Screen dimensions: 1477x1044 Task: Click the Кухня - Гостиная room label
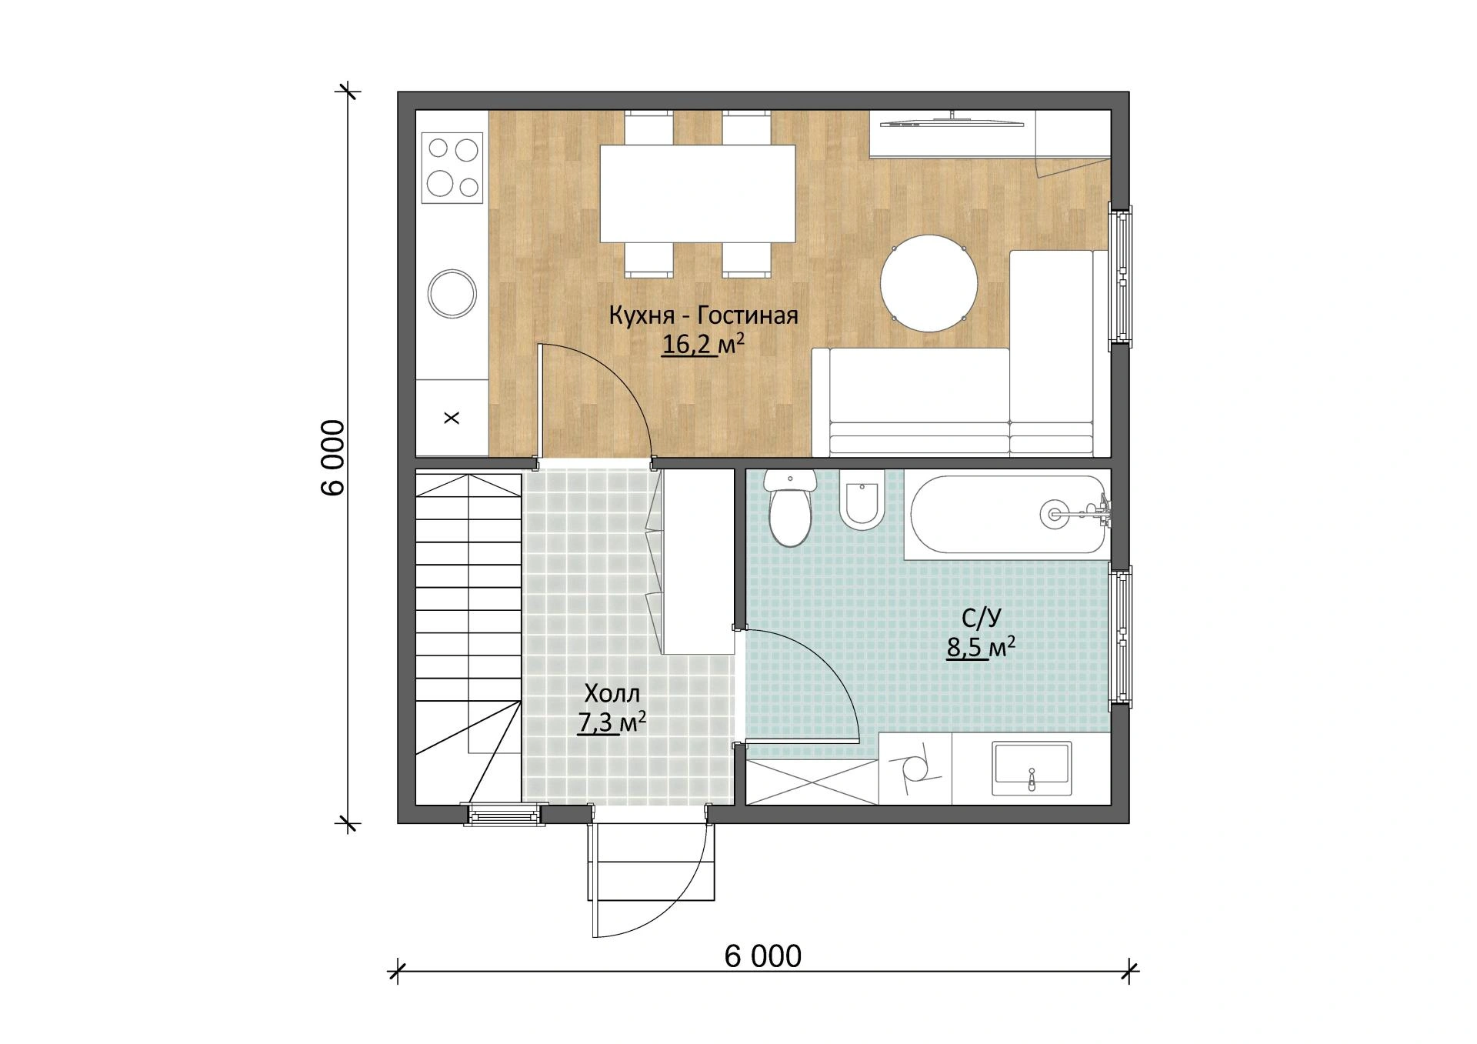click(x=703, y=315)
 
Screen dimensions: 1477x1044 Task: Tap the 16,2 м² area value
click(x=703, y=345)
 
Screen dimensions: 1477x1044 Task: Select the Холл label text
click(x=612, y=694)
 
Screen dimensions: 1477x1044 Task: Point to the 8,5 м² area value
click(x=981, y=648)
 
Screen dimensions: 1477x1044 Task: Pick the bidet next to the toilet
click(x=862, y=500)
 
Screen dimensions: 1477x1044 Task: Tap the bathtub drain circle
click(x=1053, y=513)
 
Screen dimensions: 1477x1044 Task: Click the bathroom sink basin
click(x=1032, y=768)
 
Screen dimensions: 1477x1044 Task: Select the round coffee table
click(x=929, y=282)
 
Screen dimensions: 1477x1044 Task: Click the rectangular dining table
click(x=698, y=193)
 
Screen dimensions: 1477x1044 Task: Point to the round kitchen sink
click(x=452, y=293)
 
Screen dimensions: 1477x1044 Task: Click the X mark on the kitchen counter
click(x=452, y=419)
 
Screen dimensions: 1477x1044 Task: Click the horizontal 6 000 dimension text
click(x=763, y=956)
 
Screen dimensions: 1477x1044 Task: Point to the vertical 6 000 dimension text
click(x=333, y=459)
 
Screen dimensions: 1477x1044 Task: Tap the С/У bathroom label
click(x=982, y=619)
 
